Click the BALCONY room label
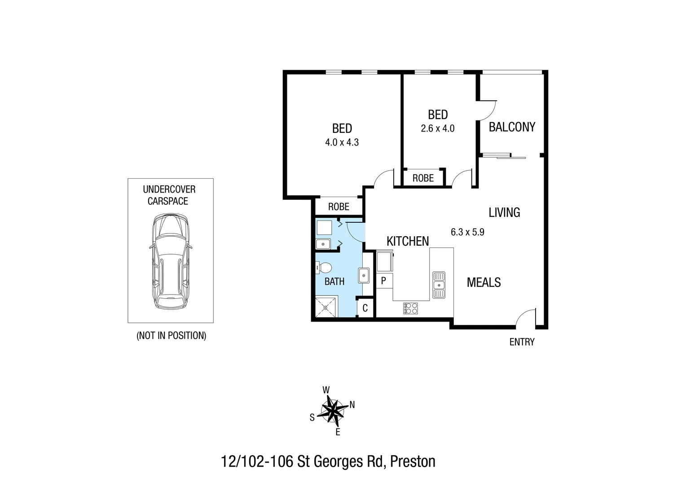point(512,127)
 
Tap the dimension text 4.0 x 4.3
point(342,142)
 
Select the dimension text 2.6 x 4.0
point(437,128)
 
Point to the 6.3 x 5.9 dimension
point(467,232)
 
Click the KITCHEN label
point(408,241)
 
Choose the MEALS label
point(484,282)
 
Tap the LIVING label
point(504,212)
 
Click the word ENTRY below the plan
point(522,342)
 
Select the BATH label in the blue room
point(334,282)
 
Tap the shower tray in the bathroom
point(326,307)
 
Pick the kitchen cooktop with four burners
point(410,308)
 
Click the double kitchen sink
point(439,285)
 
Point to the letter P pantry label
point(383,281)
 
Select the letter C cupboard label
point(365,308)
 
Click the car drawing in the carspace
point(170,261)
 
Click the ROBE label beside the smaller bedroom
point(423,178)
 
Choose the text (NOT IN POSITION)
point(171,335)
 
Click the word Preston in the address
point(413,462)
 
